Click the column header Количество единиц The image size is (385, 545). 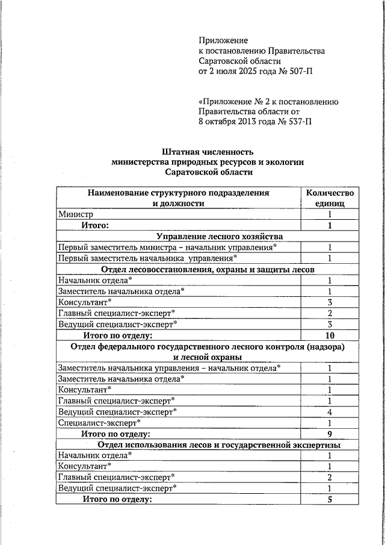tap(330, 198)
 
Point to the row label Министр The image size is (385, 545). tap(76, 214)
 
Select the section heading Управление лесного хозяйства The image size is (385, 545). tap(219, 236)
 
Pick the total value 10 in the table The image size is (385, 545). tap(330, 335)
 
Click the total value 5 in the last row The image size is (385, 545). tap(330, 499)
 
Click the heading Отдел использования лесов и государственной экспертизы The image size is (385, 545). tap(219, 445)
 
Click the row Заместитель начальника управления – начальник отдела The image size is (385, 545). tap(169, 368)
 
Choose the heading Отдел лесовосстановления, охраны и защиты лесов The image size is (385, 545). tap(208, 269)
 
